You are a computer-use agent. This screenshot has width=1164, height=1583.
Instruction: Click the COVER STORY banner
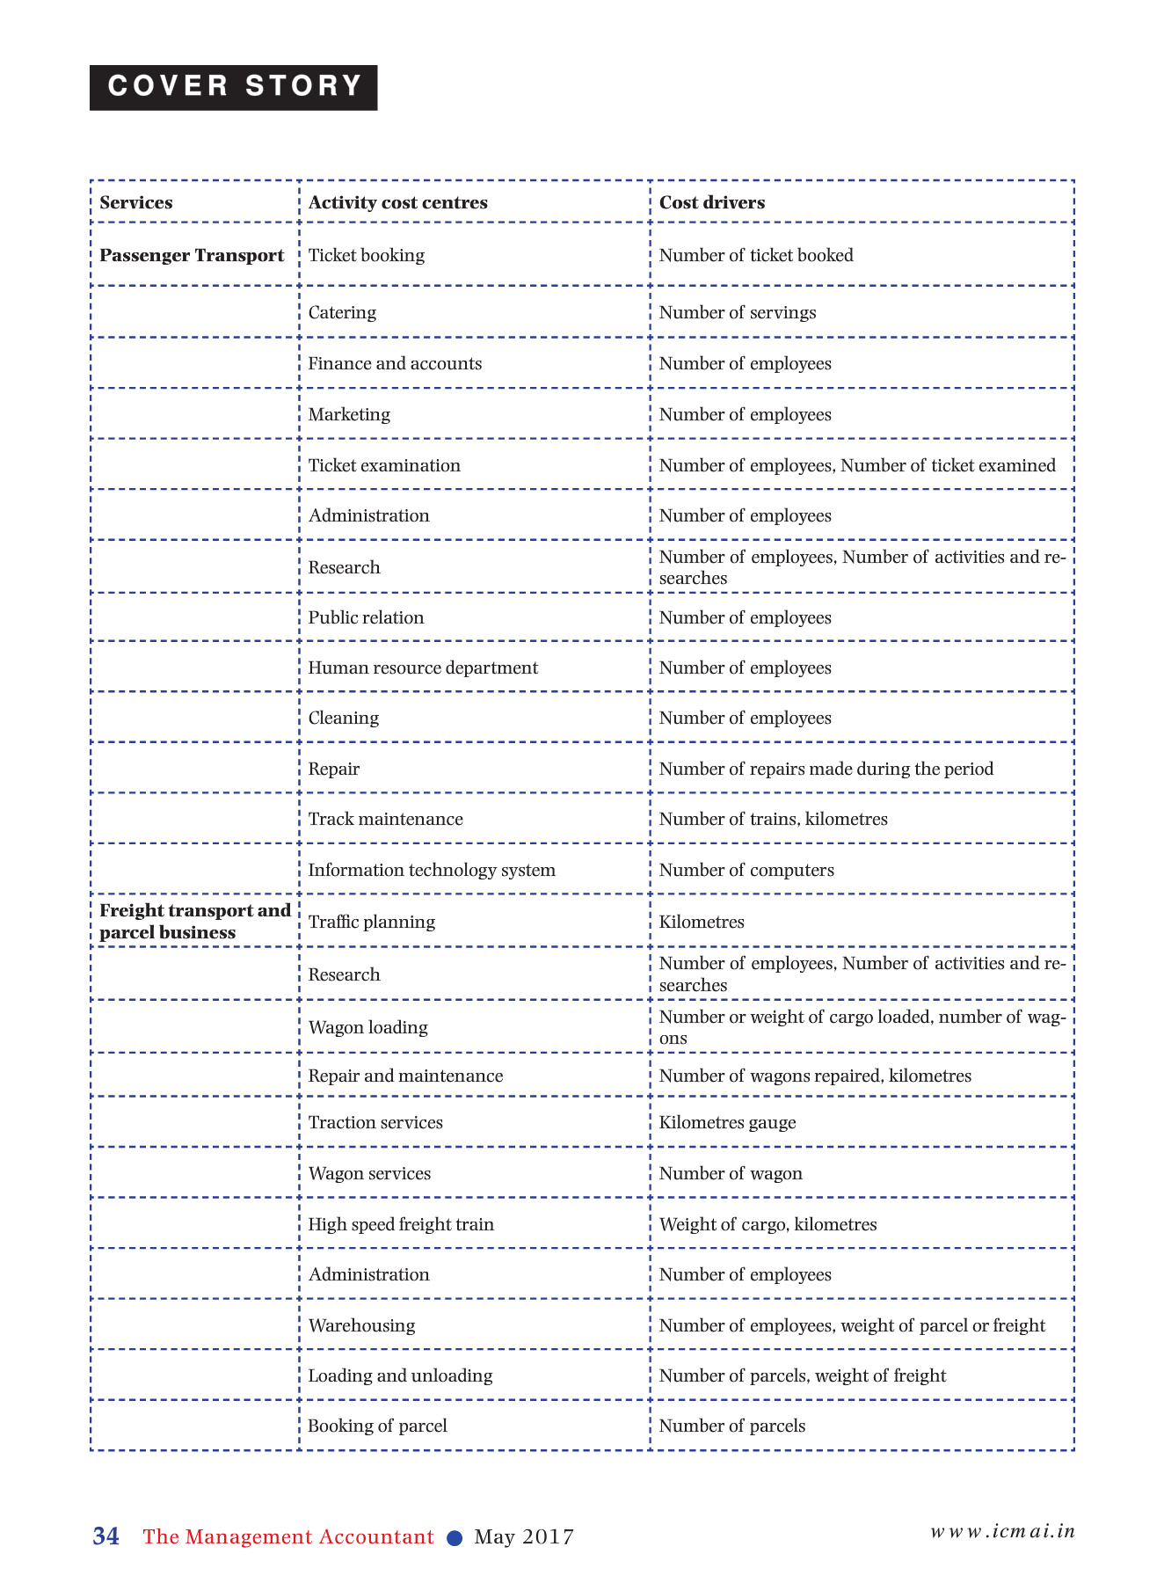click(x=233, y=87)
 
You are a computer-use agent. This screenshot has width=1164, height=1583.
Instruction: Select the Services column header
click(x=136, y=202)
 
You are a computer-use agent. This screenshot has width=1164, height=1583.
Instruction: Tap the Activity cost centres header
click(x=397, y=202)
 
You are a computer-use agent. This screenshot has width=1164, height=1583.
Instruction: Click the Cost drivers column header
click(x=712, y=202)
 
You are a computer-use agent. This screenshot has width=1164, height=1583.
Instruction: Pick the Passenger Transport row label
click(x=192, y=255)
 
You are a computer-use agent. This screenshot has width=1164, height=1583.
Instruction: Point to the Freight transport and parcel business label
click(x=194, y=922)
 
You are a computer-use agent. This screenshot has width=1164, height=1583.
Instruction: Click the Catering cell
click(x=342, y=312)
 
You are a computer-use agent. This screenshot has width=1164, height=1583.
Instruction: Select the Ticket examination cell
click(x=384, y=465)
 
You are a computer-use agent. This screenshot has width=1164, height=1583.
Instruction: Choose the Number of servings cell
click(x=738, y=312)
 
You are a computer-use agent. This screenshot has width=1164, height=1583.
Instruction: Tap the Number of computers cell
click(x=746, y=870)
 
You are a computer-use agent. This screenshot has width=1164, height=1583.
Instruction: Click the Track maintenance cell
click(x=385, y=819)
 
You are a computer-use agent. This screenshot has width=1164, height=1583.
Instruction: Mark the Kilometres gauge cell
click(x=727, y=1122)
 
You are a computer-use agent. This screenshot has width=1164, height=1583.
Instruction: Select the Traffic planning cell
click(x=371, y=922)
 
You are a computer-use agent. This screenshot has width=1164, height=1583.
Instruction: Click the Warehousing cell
click(x=361, y=1325)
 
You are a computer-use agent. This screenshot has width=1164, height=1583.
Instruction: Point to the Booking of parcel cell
click(x=377, y=1426)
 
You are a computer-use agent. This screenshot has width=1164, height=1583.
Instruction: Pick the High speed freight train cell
click(x=401, y=1224)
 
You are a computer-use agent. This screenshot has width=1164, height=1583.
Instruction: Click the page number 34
click(x=106, y=1536)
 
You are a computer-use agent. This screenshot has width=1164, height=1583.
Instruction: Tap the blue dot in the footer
click(x=455, y=1538)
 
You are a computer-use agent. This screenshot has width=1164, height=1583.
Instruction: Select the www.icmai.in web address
click(x=1003, y=1531)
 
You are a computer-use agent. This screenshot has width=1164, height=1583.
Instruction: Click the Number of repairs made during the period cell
click(x=826, y=769)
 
